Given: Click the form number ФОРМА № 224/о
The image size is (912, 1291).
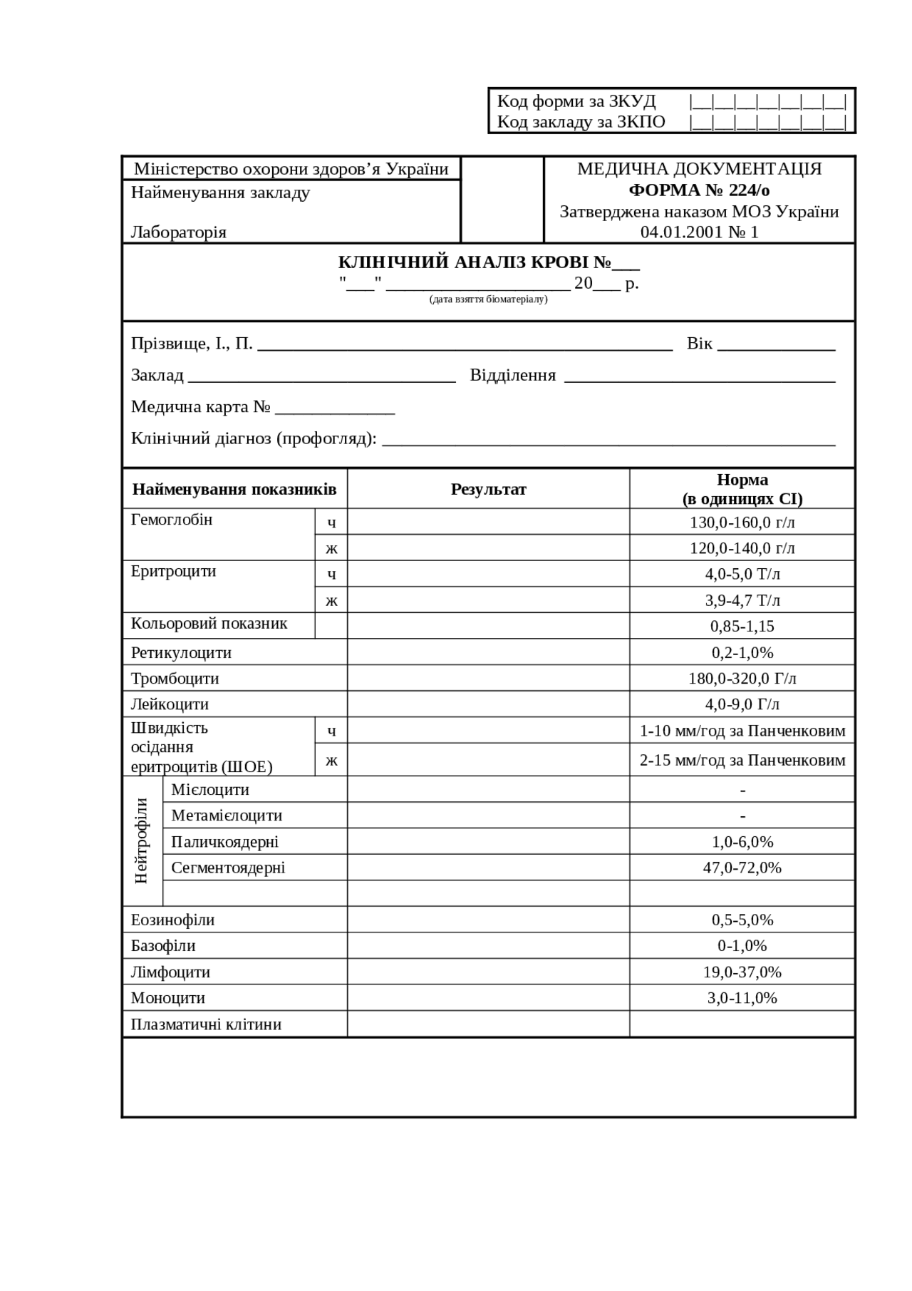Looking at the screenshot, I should [x=699, y=190].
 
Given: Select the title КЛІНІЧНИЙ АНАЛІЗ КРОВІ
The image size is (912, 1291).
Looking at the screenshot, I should [x=474, y=262].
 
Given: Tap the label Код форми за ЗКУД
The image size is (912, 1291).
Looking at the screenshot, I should [x=576, y=101].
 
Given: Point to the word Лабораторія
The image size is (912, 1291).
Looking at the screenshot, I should [x=179, y=232].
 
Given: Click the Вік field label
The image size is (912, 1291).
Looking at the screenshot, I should [x=699, y=344].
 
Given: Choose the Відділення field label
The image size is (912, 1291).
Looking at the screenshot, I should [x=512, y=376].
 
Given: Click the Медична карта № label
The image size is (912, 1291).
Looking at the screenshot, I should [x=201, y=407].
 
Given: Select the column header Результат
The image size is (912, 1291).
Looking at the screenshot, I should [x=488, y=489].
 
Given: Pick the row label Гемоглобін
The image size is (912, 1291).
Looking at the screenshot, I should [x=172, y=520].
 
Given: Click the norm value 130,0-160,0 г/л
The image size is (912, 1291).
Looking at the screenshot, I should [x=742, y=523].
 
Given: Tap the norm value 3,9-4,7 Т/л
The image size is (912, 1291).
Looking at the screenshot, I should [x=742, y=600].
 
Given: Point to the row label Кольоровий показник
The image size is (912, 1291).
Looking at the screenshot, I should [x=209, y=624].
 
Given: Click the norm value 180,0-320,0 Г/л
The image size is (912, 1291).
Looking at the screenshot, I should [x=742, y=679].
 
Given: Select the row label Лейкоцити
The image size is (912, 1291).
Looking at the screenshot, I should [x=170, y=704].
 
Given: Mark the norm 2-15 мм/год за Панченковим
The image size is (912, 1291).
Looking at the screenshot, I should [x=742, y=760].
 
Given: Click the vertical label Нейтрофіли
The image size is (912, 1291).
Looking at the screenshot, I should [x=142, y=841].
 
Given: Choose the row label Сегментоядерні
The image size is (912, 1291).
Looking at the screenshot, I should [x=228, y=868].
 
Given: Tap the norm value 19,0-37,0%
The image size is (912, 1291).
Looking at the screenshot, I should [x=742, y=972].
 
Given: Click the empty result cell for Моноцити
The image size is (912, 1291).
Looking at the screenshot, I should [x=488, y=998].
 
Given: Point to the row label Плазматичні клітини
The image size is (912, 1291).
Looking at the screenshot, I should [x=206, y=1024].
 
